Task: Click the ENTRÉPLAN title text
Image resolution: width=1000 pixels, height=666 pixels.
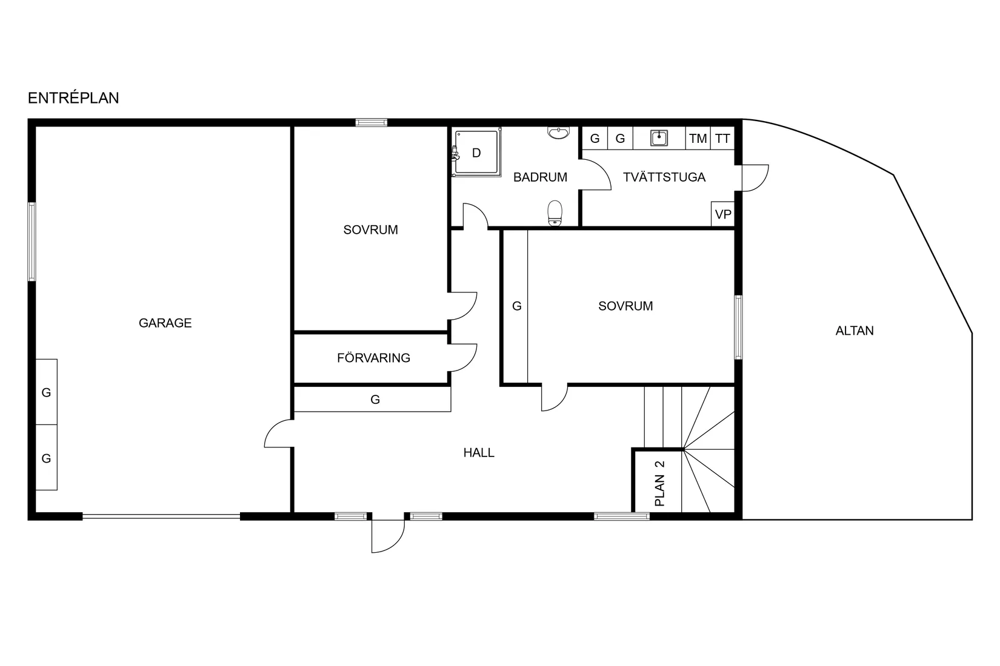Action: pos(73,98)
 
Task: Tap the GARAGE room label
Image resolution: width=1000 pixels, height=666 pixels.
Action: pos(165,323)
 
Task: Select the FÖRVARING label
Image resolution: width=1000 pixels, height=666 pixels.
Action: pos(374,358)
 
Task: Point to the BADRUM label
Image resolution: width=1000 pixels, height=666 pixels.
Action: pos(540,177)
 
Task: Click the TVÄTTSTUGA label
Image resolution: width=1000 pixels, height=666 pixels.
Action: pos(664,177)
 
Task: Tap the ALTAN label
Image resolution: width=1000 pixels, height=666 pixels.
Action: pos(855,331)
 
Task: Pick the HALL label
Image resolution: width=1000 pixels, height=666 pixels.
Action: pos(479,453)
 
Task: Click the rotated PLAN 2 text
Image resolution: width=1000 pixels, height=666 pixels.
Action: pos(660,484)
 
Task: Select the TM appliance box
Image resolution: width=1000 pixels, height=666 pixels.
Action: pos(698,139)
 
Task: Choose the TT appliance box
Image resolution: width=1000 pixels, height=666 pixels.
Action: pos(722,139)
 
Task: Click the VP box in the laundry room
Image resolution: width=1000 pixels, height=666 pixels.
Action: pos(723,214)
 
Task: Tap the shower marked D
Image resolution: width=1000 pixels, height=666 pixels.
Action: pos(476,152)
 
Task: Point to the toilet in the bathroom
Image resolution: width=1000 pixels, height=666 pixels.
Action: pos(555,213)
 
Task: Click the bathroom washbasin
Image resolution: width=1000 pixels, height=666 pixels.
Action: pos(558,133)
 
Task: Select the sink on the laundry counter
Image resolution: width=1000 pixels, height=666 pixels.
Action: pos(659,138)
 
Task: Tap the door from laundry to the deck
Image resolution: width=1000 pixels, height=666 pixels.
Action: pos(755,178)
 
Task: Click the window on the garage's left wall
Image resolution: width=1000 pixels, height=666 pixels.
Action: pos(32,242)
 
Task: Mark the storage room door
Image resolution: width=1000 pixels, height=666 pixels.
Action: pos(462,357)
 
